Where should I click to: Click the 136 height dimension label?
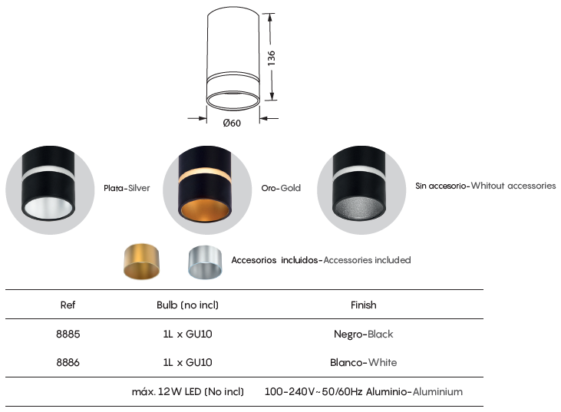click(272, 58)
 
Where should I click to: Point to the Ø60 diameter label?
click(232, 123)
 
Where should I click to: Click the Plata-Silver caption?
click(127, 188)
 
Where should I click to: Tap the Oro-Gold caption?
click(281, 188)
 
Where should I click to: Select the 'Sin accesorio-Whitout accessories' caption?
click(486, 186)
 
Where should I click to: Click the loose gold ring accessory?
click(142, 262)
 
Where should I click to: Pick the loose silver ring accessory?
click(205, 262)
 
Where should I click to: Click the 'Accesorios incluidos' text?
click(275, 260)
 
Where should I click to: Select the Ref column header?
click(68, 305)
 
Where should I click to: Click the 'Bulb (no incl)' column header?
click(187, 305)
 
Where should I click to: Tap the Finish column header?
click(364, 305)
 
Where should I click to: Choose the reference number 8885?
click(68, 334)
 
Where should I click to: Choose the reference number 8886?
click(68, 363)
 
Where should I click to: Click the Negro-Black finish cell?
click(364, 334)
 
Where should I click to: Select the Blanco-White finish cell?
click(364, 363)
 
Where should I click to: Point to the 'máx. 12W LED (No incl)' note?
click(188, 391)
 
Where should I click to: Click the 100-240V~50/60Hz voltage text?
click(313, 391)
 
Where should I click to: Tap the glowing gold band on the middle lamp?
click(204, 174)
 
